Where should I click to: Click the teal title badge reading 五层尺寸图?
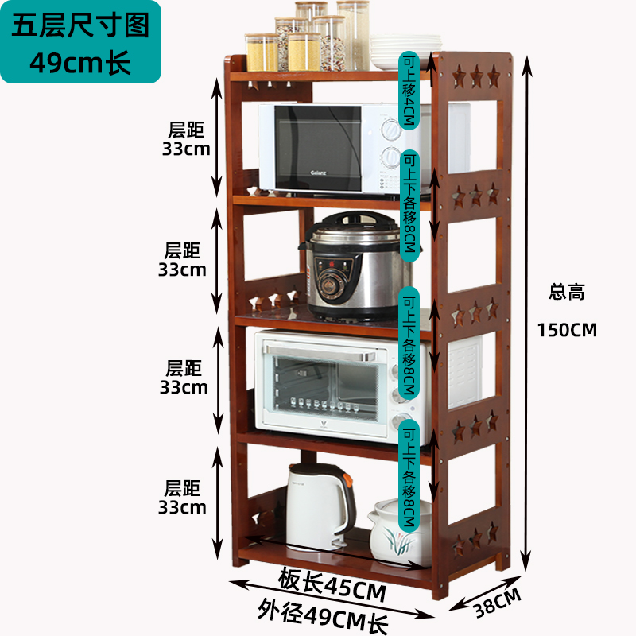click(81, 42)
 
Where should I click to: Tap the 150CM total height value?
click(567, 330)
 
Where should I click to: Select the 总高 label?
click(567, 292)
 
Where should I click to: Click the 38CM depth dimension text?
click(497, 603)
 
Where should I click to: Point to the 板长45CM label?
click(332, 584)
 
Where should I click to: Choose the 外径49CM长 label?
click(324, 615)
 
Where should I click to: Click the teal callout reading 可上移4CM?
click(409, 91)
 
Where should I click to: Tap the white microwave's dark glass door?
click(317, 147)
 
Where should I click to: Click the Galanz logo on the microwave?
click(318, 173)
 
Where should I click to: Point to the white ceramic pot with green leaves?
click(399, 533)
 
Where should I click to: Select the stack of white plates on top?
click(405, 52)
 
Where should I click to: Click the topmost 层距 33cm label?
click(186, 139)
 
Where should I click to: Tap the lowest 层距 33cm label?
click(182, 498)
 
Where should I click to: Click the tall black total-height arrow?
click(526, 313)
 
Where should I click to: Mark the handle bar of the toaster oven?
click(320, 352)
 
